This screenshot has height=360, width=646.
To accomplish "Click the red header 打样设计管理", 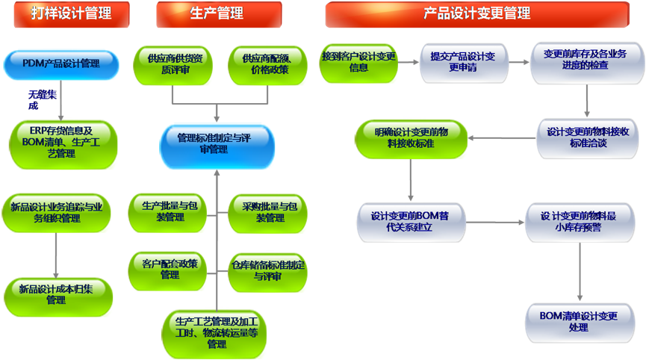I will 71,13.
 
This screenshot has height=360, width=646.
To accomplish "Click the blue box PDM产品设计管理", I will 60,64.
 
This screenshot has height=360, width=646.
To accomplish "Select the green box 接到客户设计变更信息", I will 358,63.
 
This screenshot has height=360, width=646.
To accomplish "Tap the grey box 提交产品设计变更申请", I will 464,62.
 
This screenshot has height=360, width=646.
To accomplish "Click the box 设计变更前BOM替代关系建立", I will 411,222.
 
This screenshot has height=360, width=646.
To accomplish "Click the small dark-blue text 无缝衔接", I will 41,99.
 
